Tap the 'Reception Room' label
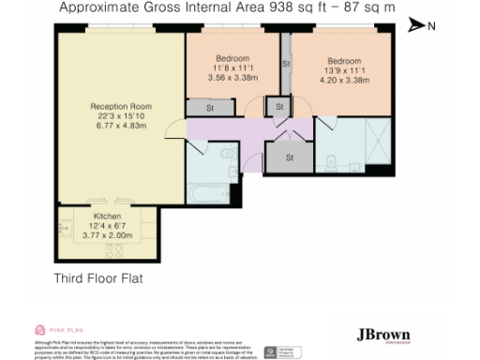coord(114,107)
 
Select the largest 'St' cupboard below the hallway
coord(289,157)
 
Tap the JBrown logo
coord(385,336)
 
